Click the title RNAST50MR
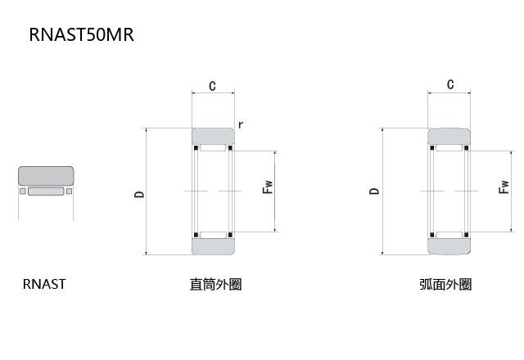(x=81, y=34)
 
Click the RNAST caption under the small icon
(x=44, y=285)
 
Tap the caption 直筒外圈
(x=215, y=285)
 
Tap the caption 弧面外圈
(x=445, y=285)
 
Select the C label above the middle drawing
(x=212, y=86)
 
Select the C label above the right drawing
(x=450, y=84)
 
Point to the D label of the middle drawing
(x=139, y=194)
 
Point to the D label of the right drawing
(x=374, y=191)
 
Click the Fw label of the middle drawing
(x=267, y=187)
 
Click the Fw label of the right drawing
(x=503, y=187)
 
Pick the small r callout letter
(x=240, y=124)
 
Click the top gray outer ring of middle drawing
(x=213, y=136)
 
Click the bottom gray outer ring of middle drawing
(x=213, y=246)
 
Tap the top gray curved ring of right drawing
(x=449, y=136)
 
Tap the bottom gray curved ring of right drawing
(x=449, y=245)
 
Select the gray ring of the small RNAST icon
(x=46, y=176)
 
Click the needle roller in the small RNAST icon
(x=46, y=192)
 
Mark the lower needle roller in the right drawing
(x=449, y=235)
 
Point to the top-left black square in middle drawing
(x=196, y=148)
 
